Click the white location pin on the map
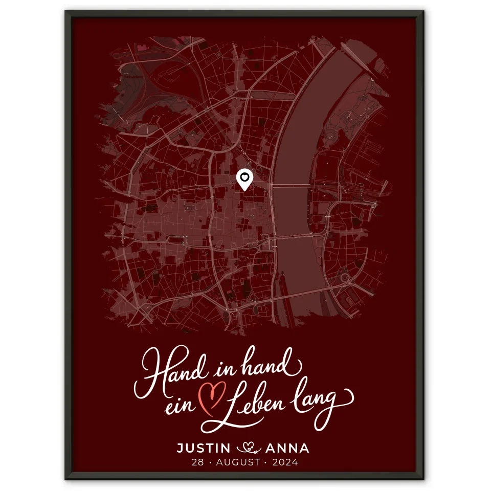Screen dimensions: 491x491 click(245, 179)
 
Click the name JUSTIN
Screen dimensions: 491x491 click(204, 449)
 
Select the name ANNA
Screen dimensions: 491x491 click(287, 449)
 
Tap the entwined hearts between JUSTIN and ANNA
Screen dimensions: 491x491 click(248, 449)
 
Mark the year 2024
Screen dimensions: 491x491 click(286, 463)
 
